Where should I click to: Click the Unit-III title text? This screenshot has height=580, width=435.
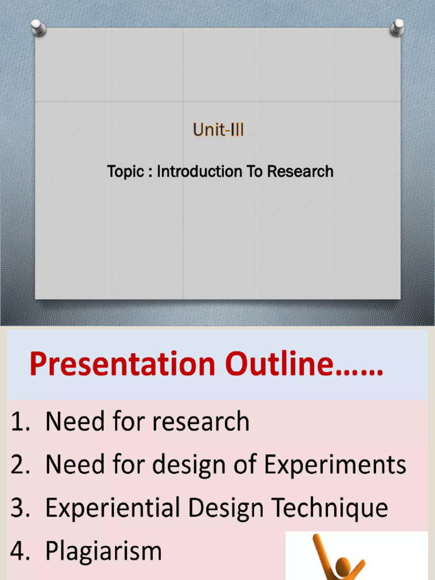tap(218, 130)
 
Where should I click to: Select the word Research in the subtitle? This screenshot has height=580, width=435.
tap(300, 172)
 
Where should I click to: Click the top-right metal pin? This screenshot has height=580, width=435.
tap(397, 27)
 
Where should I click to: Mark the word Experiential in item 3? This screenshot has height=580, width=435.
tap(114, 508)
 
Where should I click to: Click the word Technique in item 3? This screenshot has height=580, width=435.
tap(334, 508)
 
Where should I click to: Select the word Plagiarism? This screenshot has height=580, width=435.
tap(104, 551)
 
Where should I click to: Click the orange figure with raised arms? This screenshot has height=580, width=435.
tap(340, 558)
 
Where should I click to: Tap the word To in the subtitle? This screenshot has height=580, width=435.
tap(253, 172)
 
